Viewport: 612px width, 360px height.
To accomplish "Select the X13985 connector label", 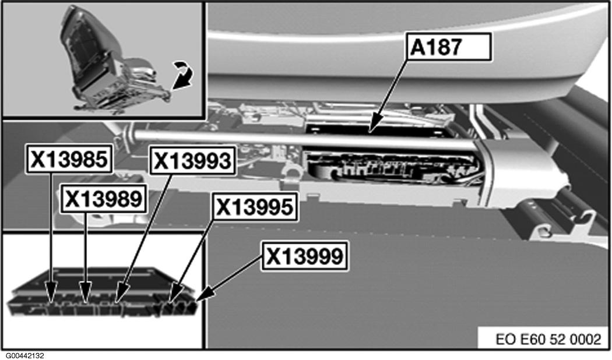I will (69, 160).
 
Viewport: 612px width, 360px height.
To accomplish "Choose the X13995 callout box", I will (253, 207).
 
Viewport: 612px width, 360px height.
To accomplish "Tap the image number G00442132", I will (26, 355).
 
